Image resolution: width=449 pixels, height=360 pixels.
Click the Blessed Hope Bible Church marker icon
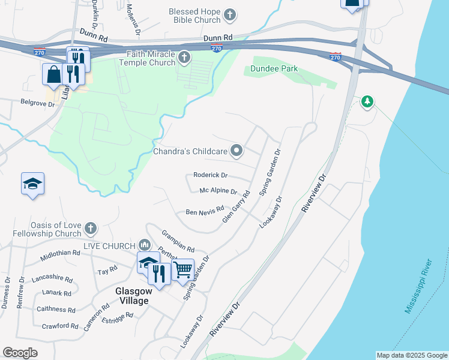[x=229, y=14]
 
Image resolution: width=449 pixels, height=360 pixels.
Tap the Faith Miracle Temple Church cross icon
[x=184, y=59]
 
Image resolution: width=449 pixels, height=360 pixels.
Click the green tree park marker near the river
[x=368, y=103]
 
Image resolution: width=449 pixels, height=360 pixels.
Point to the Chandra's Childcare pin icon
[x=237, y=151]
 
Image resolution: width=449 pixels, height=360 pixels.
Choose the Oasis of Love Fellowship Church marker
[x=90, y=228]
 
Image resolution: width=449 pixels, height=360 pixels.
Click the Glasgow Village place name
[x=131, y=295]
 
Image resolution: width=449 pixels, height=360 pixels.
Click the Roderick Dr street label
[x=210, y=175]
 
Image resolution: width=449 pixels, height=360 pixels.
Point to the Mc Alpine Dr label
[x=218, y=191]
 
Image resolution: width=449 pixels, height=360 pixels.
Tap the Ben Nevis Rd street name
[x=200, y=212]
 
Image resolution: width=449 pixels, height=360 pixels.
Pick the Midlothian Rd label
[x=59, y=256]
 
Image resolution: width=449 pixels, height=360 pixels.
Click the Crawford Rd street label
[x=60, y=326]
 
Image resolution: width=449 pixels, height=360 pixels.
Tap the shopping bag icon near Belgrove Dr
[x=53, y=74]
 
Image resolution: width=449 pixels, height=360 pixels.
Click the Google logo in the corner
[x=20, y=353]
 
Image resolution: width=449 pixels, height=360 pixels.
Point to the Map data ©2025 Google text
[x=411, y=355]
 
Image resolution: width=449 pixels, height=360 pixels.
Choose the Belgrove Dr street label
[x=37, y=103]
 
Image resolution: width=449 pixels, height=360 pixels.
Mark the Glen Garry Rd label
[x=236, y=208]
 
